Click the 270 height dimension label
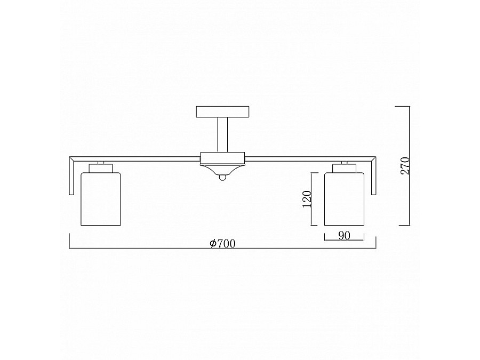[x=405, y=166]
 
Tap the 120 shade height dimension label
[x=307, y=199]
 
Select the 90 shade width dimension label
[x=345, y=236]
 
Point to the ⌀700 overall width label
[x=222, y=243]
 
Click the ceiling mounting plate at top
[x=222, y=112]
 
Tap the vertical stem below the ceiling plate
[x=222, y=135]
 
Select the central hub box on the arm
[x=222, y=158]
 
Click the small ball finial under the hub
[x=222, y=177]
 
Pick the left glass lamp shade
[x=101, y=199]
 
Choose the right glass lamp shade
[x=345, y=199]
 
